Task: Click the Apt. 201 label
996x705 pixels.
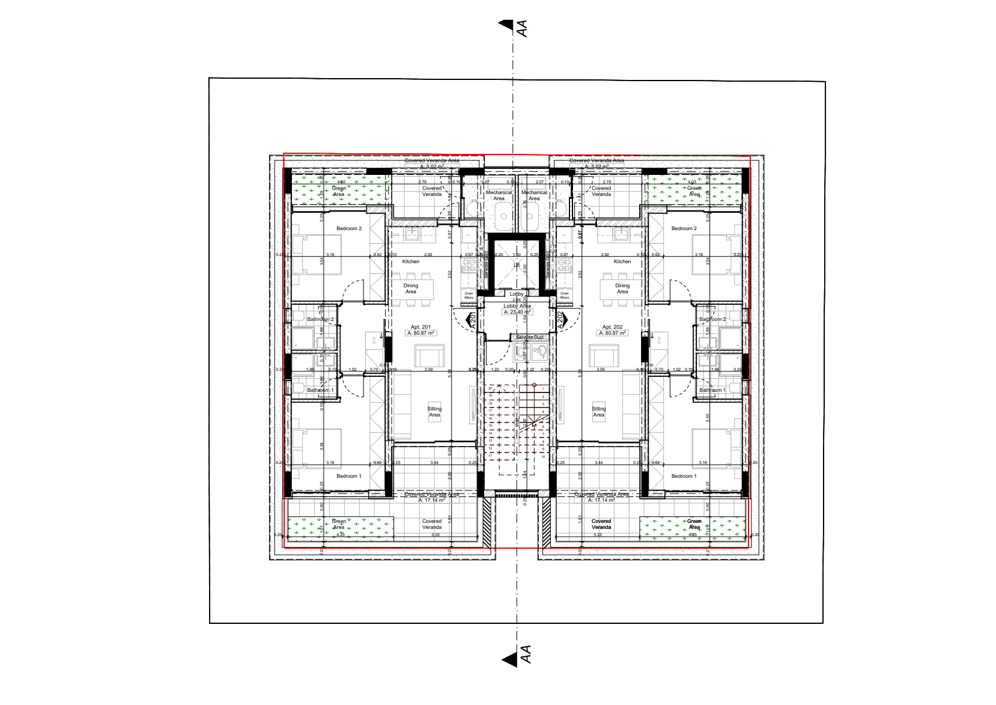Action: click(421, 327)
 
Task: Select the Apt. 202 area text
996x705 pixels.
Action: click(612, 333)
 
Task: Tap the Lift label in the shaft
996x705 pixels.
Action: click(517, 264)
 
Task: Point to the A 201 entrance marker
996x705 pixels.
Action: click(472, 319)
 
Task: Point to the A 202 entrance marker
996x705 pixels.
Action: click(562, 319)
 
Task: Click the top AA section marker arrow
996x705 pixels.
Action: click(506, 25)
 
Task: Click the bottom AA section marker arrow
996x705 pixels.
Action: click(510, 659)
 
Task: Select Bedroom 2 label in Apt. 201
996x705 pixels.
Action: click(348, 228)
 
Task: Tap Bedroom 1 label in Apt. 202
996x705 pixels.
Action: click(684, 476)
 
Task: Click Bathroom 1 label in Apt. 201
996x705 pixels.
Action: click(320, 390)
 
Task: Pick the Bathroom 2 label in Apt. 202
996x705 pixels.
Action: click(712, 319)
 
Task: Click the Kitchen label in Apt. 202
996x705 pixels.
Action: click(622, 261)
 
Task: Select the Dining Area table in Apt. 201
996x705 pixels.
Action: click(411, 289)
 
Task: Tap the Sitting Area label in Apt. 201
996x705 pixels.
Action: click(434, 412)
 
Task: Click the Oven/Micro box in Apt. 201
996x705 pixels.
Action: click(469, 295)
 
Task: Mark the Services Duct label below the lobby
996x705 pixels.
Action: click(529, 337)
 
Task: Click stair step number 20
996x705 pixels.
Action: click(490, 388)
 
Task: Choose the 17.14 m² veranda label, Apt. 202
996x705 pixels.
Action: click(601, 500)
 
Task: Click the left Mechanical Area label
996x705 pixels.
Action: click(499, 195)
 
